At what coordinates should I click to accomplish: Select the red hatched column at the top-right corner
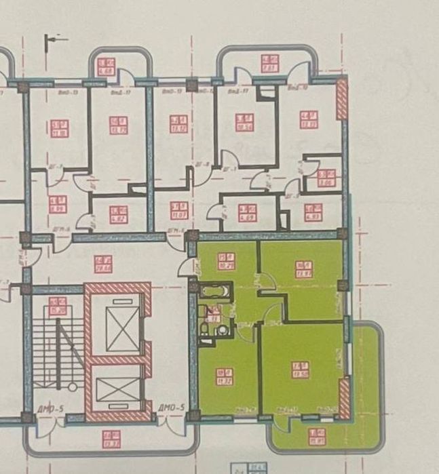[342, 98]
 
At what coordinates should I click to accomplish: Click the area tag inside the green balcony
[316, 435]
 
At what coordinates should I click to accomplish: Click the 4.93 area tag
[312, 212]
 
